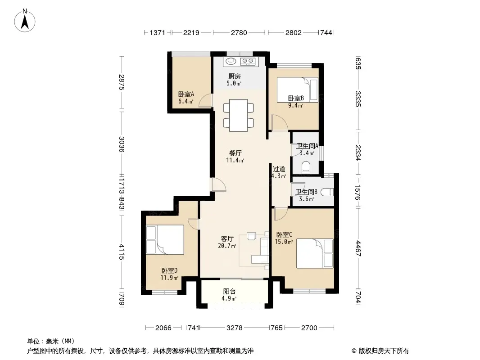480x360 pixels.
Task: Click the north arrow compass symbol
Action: tap(25, 21)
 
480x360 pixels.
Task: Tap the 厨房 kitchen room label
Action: tap(235, 76)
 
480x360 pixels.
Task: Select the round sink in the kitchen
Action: tap(231, 61)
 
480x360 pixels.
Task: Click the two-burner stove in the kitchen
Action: tap(248, 61)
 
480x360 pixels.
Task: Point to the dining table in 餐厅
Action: tap(239, 115)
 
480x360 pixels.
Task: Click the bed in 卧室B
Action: tap(297, 90)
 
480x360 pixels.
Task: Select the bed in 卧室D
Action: tap(165, 240)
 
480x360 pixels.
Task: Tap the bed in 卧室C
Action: tap(315, 253)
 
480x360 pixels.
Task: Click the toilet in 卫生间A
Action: tap(306, 167)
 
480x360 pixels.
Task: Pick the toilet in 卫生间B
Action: tap(327, 192)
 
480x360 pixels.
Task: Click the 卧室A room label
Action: tap(186, 94)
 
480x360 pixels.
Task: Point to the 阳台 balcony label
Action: tap(229, 292)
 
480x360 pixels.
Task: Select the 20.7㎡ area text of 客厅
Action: tap(227, 246)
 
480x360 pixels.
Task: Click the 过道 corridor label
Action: tap(279, 169)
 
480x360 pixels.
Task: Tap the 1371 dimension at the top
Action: tap(157, 32)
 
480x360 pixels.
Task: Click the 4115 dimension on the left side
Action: tap(122, 252)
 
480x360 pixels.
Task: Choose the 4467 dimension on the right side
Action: tap(358, 248)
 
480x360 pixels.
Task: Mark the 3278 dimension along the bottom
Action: tap(235, 328)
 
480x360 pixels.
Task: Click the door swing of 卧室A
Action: tap(205, 101)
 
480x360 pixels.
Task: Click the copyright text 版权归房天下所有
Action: tap(384, 351)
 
